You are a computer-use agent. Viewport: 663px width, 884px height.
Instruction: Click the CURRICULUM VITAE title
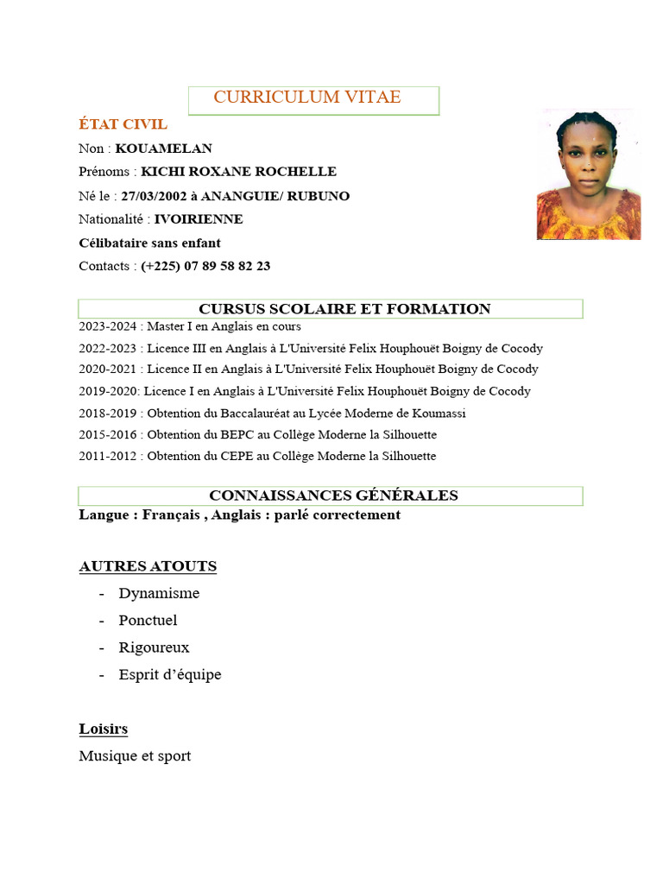[x=307, y=98]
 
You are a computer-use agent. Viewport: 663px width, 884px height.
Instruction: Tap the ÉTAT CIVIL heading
[x=123, y=124]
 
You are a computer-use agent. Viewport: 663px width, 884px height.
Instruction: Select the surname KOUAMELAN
[x=163, y=148]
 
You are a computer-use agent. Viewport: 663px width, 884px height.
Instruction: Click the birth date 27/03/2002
[x=152, y=196]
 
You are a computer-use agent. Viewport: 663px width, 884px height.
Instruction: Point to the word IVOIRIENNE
[x=199, y=219]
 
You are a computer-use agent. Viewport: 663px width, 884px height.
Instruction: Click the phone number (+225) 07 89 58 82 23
[x=205, y=266]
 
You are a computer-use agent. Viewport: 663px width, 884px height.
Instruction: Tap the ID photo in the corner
[x=588, y=175]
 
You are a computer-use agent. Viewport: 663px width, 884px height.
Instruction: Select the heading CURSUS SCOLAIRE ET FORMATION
[x=344, y=309]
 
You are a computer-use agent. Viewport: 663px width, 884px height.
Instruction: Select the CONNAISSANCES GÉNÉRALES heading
[x=333, y=496]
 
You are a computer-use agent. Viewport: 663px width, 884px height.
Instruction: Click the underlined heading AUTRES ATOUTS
[x=148, y=566]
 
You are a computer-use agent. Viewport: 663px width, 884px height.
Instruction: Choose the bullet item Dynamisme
[x=159, y=593]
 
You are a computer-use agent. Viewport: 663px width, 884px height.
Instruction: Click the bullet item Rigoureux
[x=154, y=647]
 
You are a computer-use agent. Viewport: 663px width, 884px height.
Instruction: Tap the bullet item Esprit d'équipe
[x=170, y=674]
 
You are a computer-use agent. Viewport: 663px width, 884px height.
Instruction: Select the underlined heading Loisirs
[x=104, y=729]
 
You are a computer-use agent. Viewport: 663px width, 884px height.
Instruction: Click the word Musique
[x=104, y=756]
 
